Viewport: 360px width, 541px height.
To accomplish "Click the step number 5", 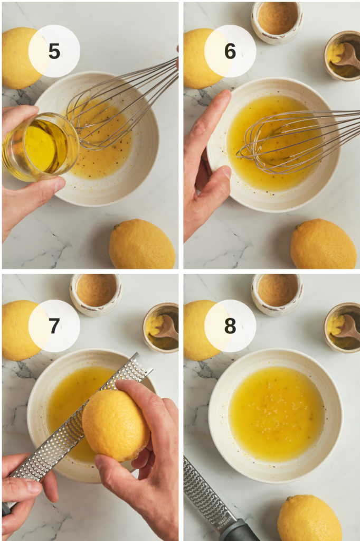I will coord(54,51).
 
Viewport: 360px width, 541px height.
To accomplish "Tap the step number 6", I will coord(230,51).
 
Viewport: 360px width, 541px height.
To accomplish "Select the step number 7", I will coord(54,326).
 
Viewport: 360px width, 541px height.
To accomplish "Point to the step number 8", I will coord(230,326).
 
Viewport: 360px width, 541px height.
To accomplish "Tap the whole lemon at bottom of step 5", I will coord(142,244).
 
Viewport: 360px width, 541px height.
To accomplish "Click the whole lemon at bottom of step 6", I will coord(323,244).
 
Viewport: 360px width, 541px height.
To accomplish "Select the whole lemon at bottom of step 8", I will coord(309,518).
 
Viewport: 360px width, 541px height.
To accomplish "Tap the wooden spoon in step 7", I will coord(166,328).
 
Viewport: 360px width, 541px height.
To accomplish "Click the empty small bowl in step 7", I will coord(96,292).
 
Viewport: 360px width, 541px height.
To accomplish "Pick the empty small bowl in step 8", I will coord(277,292).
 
